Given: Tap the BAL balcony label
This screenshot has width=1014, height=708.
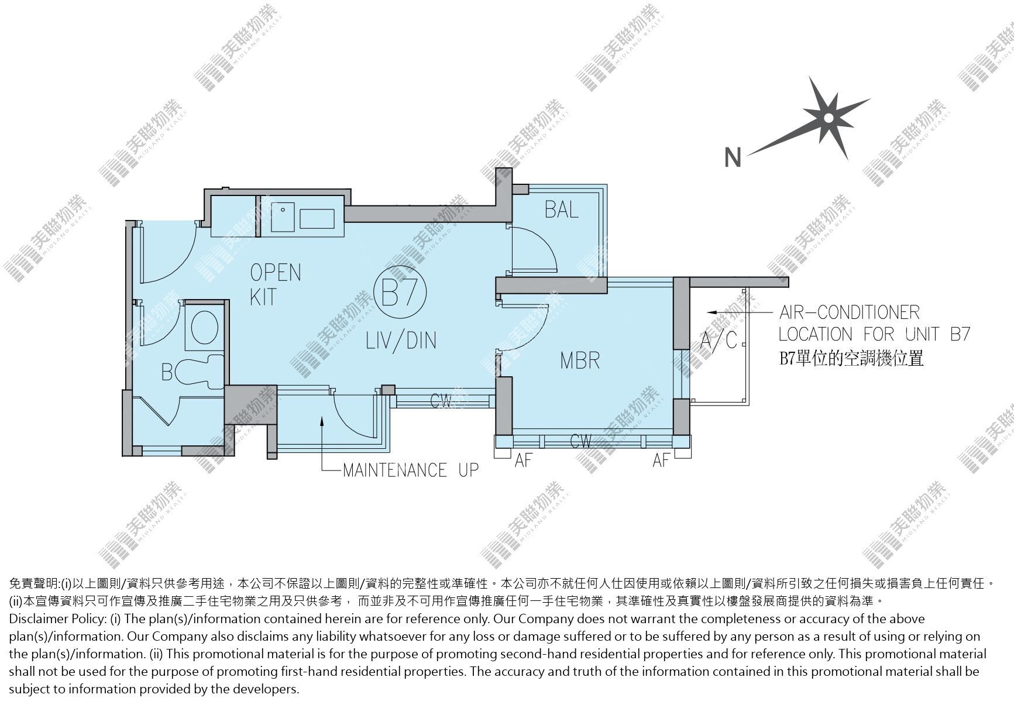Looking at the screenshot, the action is click(x=562, y=209).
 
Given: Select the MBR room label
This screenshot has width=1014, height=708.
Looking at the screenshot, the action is click(x=580, y=360).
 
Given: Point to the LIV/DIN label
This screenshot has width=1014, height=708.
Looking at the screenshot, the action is click(x=401, y=340).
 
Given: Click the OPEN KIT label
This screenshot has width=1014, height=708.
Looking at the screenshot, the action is click(x=275, y=284).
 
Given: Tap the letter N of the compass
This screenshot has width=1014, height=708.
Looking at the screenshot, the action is click(x=733, y=157).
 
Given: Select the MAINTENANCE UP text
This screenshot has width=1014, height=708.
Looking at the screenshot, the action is click(x=410, y=470).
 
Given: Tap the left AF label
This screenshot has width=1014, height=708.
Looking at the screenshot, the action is click(x=524, y=460).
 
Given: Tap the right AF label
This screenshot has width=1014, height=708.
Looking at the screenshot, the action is click(x=661, y=460).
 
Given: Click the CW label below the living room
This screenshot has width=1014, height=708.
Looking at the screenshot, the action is click(x=443, y=401).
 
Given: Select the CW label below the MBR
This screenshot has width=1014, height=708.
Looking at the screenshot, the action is click(x=581, y=441).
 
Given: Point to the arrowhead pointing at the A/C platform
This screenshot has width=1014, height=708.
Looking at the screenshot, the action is click(x=711, y=312).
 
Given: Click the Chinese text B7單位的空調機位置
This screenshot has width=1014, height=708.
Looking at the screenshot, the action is click(x=851, y=358).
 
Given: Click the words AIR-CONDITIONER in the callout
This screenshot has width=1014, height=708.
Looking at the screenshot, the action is click(x=850, y=312).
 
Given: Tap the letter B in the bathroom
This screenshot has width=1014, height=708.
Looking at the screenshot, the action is click(x=167, y=372).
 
